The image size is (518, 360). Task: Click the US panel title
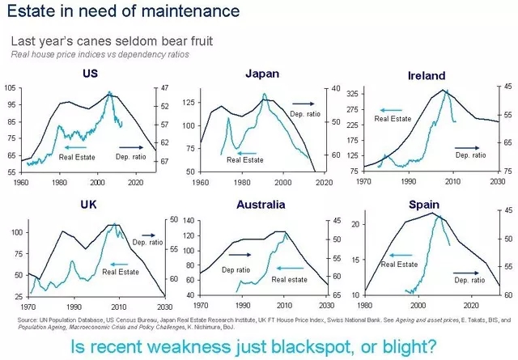91,75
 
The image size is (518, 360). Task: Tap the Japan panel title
262,74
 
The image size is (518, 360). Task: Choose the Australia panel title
260,206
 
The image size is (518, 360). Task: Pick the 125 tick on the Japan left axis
188,103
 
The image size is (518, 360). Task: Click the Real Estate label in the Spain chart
399,264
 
